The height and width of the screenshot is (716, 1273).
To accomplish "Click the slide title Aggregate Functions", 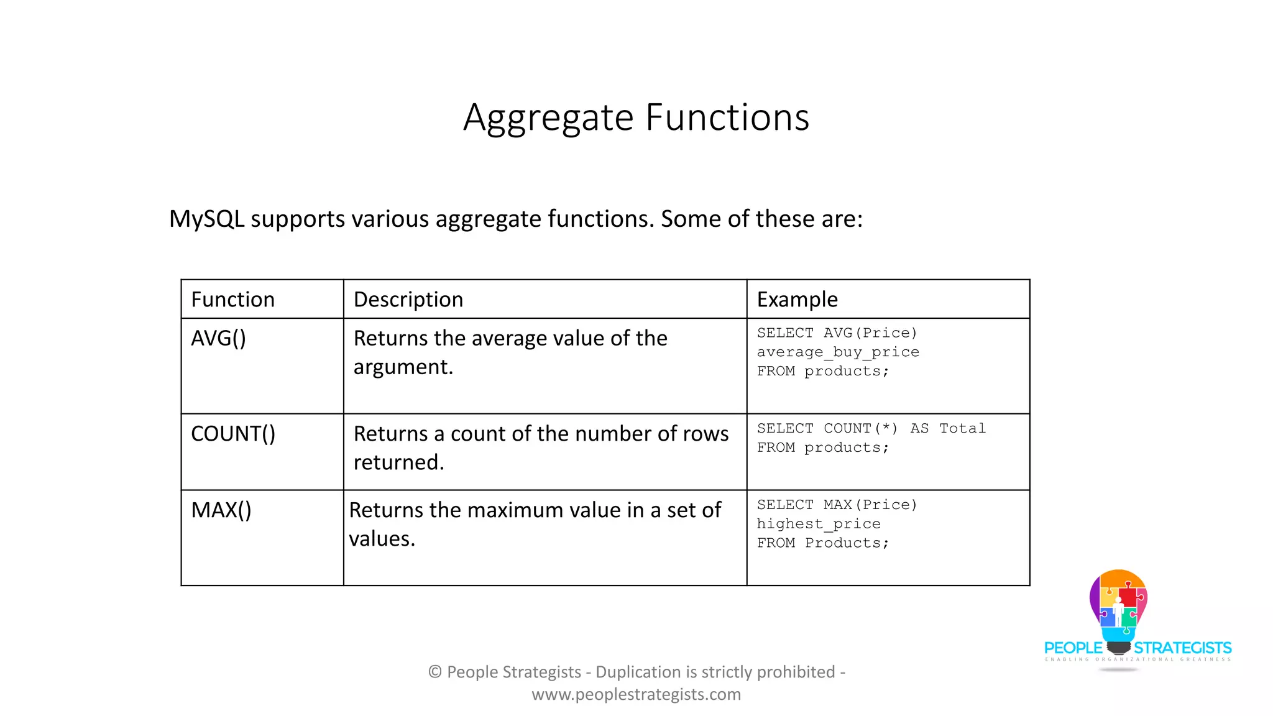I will [x=636, y=117].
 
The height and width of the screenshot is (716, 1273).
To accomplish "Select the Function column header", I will [x=232, y=300].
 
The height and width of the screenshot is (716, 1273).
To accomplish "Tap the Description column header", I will [x=408, y=300].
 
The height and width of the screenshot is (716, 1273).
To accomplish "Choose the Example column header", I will [x=797, y=300].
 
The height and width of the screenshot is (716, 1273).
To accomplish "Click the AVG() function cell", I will [x=218, y=339].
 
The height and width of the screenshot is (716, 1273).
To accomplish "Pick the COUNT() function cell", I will [x=232, y=434].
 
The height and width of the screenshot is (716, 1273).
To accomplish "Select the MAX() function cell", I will [x=221, y=510].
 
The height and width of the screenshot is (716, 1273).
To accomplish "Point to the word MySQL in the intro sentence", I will [x=206, y=219].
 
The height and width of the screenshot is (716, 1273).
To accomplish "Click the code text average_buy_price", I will [x=837, y=352].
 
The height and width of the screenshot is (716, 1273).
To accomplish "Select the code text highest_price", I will [x=818, y=525].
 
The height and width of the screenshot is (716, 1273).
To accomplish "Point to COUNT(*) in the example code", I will [x=860, y=429].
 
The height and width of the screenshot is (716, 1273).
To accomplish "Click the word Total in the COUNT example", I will [x=962, y=429].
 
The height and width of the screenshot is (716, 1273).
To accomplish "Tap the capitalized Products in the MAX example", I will [x=842, y=543].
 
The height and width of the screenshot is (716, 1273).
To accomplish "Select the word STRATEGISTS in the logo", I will [x=1182, y=648].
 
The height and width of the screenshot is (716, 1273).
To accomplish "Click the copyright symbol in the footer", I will [x=435, y=672].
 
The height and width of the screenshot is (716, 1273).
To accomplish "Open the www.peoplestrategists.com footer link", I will [x=636, y=694].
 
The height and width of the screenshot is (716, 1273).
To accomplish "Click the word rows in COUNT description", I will [x=705, y=434].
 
